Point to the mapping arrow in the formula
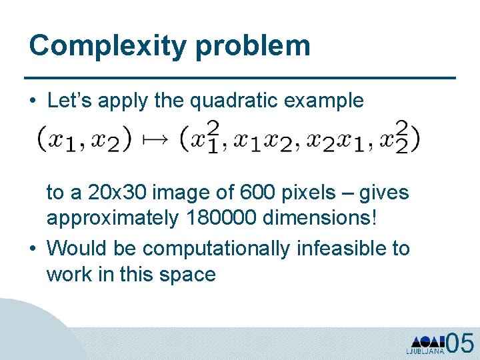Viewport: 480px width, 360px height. [158, 138]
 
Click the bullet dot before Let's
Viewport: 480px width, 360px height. [33, 101]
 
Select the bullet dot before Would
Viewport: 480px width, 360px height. [33, 249]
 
